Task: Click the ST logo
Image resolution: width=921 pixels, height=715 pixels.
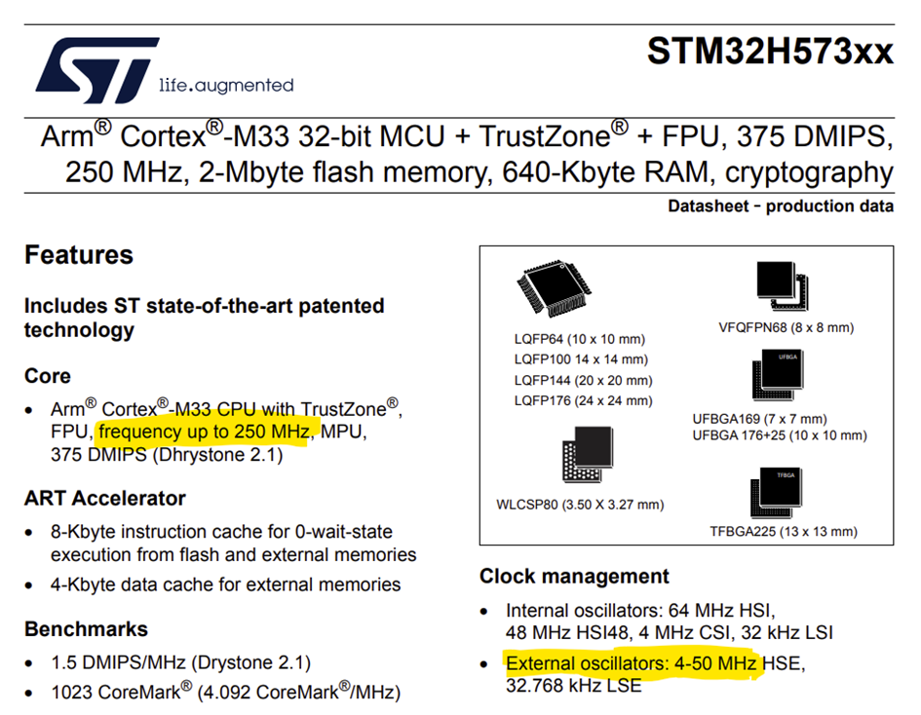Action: coord(97,70)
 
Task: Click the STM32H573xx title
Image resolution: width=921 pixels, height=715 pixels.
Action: coord(770,51)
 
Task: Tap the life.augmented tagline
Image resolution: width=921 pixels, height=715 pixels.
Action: coord(226,86)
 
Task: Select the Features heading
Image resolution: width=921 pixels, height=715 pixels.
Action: coord(79,255)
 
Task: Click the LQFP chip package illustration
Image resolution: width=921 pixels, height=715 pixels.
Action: coord(554,288)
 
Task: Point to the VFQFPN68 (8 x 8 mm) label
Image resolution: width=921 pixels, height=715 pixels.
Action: coord(786,327)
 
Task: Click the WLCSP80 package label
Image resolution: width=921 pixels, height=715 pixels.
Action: coord(580,505)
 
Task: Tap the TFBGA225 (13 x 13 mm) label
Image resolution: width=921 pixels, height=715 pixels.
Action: coord(784,532)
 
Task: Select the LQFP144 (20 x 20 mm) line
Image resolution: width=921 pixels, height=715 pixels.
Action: coord(583,381)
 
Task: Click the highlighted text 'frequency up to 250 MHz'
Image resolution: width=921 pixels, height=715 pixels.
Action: coord(204,433)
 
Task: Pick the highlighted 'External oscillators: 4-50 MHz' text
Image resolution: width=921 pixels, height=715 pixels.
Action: coord(632,664)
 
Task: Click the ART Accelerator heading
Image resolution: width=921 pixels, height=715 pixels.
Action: coord(105,499)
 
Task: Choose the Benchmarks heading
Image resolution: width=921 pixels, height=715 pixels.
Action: coord(87,629)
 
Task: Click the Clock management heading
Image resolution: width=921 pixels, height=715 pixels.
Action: coord(574,577)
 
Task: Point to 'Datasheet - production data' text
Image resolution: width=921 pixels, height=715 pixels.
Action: coord(781,207)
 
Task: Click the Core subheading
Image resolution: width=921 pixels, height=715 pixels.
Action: coord(48,376)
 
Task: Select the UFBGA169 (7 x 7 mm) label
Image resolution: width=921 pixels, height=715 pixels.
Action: coord(759,419)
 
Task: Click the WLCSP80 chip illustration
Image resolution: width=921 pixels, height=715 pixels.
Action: coord(588,454)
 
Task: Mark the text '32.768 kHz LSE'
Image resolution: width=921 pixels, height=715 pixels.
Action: coord(574,686)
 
